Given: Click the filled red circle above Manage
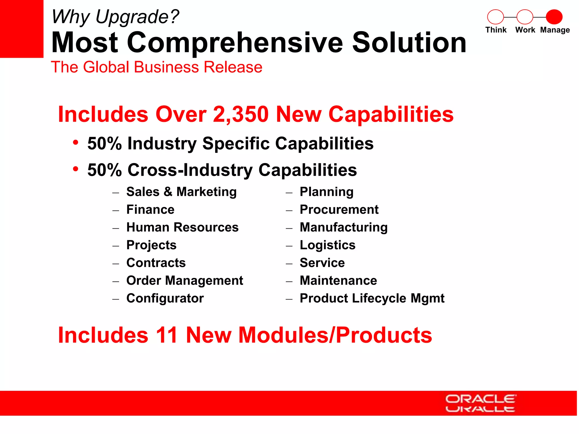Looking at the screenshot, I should (554, 17).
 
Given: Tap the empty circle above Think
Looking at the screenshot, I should (495, 17).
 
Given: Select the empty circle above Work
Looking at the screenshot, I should (525, 17).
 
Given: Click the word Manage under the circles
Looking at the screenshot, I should (555, 30).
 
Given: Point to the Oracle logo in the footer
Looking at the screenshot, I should (480, 403).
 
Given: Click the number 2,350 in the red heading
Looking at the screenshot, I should (240, 114).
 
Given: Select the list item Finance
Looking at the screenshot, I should (150, 210).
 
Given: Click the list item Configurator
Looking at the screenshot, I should (165, 298).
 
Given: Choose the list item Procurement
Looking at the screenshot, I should (339, 210).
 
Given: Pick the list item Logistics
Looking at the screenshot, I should (327, 245).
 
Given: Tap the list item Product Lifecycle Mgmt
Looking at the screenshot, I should (372, 298).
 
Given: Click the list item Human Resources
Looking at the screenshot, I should (182, 227).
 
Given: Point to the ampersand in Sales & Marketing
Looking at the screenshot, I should (168, 192).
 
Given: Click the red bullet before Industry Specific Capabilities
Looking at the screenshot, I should (75, 142).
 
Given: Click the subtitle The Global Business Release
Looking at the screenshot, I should (157, 67).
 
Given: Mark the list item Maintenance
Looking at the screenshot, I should (338, 281).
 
